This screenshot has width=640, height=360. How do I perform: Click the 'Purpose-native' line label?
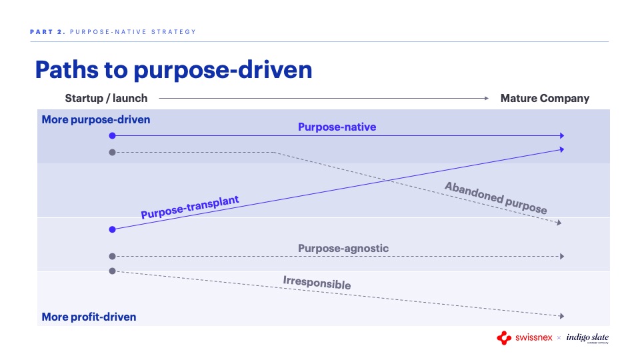(337, 127)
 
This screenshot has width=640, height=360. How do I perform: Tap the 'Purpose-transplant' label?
(190, 207)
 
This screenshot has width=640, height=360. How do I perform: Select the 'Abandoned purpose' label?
(496, 198)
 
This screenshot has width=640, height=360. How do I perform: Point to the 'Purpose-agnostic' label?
(343, 248)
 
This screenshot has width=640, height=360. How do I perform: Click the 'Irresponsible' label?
(317, 283)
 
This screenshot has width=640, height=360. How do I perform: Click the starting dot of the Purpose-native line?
(112, 135)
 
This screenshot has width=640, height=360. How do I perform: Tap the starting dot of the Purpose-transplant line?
(112, 229)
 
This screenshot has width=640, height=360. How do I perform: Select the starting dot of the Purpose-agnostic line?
(112, 256)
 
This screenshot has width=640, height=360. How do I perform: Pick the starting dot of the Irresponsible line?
(112, 271)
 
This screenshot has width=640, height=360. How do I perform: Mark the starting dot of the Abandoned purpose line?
(112, 152)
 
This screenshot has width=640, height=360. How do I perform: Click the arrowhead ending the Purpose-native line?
(562, 135)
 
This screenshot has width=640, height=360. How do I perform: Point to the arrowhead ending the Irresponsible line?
(562, 316)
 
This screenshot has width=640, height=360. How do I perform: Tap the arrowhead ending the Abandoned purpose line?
(559, 223)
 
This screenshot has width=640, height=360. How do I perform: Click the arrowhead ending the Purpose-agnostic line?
(562, 256)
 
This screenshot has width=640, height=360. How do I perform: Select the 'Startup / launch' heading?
(106, 99)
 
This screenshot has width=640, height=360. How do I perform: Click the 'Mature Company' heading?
(545, 99)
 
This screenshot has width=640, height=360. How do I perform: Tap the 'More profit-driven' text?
(89, 317)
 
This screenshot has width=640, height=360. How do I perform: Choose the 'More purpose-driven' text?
(96, 119)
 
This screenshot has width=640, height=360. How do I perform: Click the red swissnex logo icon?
(504, 338)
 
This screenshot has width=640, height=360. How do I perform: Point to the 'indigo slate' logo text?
(587, 337)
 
